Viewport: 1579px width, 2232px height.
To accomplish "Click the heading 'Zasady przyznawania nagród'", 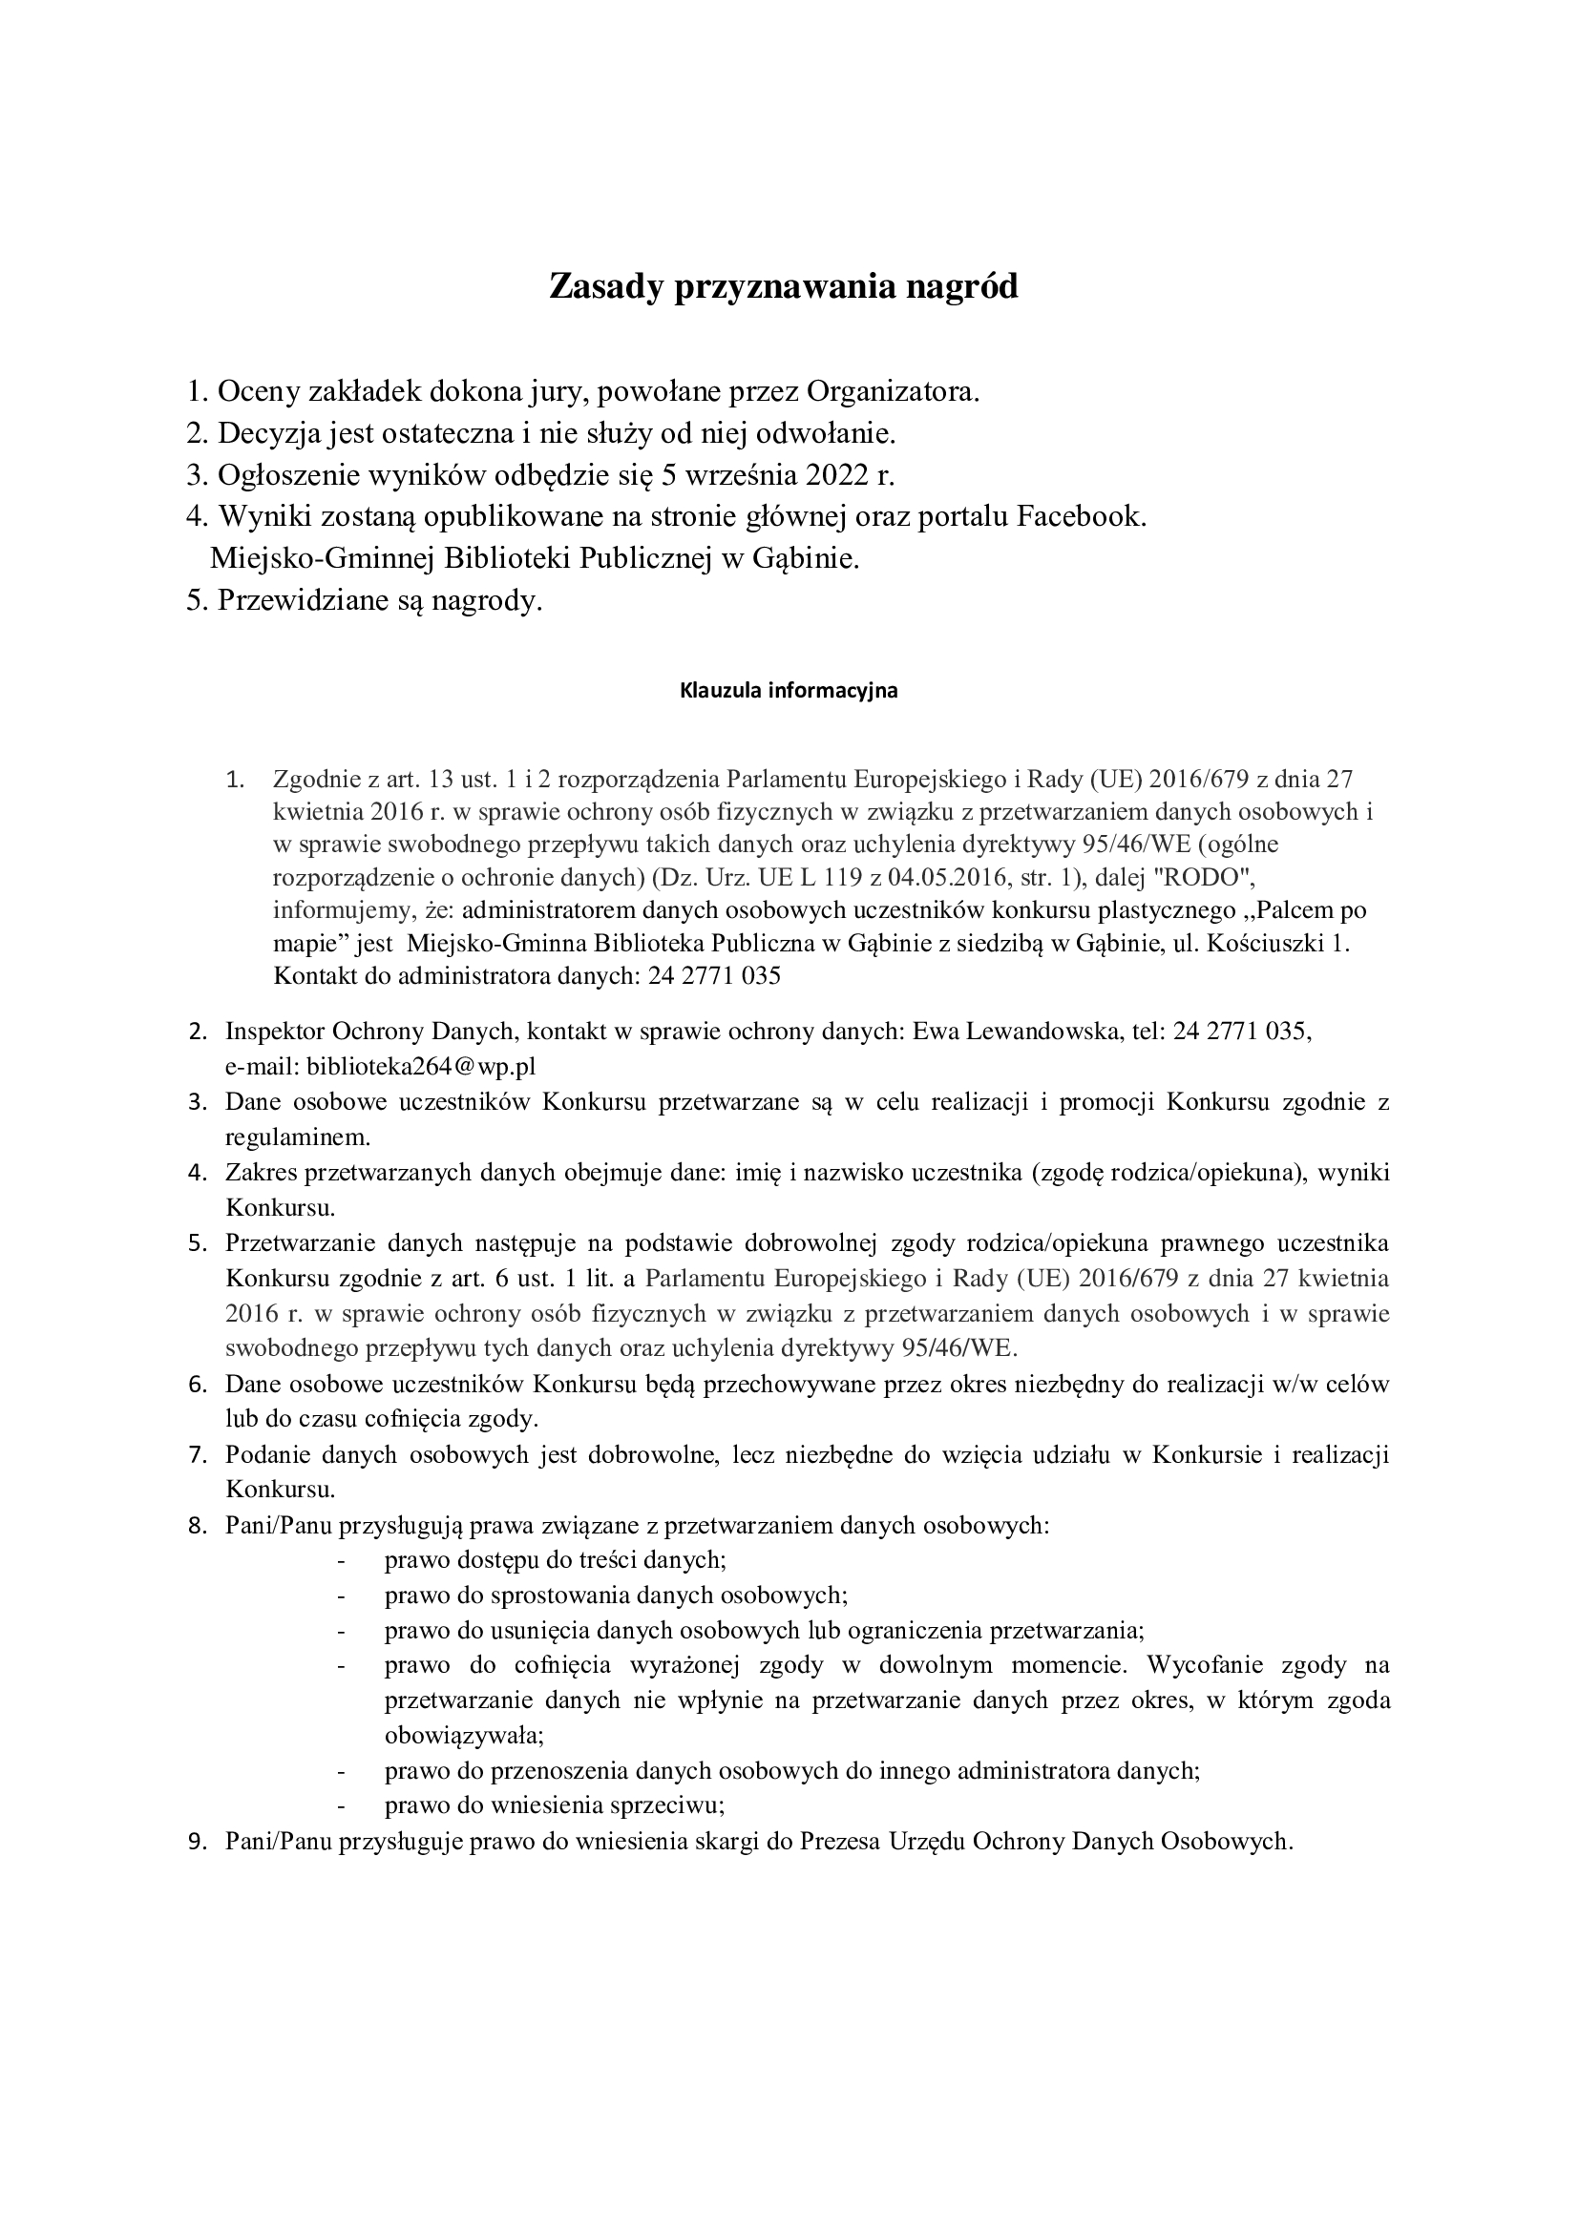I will [784, 287].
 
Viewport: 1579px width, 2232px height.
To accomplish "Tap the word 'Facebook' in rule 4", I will [1081, 516].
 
